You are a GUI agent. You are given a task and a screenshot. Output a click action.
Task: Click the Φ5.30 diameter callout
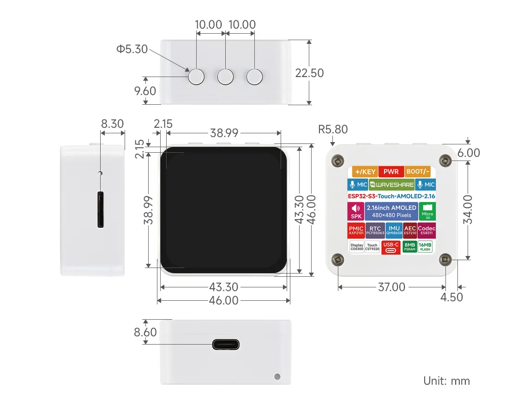coord(132,49)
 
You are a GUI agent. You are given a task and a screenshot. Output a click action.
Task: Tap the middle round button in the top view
coord(225,77)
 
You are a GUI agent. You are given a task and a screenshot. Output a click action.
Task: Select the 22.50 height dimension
coord(309,73)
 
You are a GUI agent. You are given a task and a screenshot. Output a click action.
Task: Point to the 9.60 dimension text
coord(145,91)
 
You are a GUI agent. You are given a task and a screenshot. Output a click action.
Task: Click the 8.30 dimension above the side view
coord(112,124)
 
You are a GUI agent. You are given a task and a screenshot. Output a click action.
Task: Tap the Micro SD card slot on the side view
coord(100,210)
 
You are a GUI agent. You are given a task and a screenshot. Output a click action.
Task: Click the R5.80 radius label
coord(333,129)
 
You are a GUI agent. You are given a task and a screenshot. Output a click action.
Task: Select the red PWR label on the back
coord(391,172)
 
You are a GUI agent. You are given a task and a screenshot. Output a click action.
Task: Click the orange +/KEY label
coord(364,172)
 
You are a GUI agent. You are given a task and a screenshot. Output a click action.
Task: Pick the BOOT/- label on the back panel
coord(418,172)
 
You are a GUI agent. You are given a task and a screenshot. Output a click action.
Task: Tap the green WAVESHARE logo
coord(391,185)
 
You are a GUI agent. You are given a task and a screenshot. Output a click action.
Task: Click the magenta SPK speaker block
coord(356,212)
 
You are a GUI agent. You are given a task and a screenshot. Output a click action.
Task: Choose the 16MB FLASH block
coord(425,247)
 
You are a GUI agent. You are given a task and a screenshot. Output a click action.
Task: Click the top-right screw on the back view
coord(445,160)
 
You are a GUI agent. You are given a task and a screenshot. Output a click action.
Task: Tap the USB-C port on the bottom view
coord(226,344)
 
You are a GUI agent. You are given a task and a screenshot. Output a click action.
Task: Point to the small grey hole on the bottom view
coord(277,376)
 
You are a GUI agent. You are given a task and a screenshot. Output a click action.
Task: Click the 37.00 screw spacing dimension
coord(391,287)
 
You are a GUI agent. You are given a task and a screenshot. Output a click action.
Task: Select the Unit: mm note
coord(446,381)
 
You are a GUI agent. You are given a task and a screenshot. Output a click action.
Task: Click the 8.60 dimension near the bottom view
coord(145,332)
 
